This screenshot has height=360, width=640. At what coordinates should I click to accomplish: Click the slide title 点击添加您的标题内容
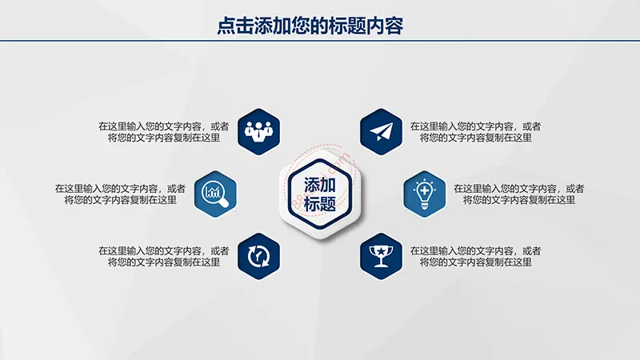click(310, 26)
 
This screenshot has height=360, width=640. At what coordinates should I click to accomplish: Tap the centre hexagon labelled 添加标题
click(320, 194)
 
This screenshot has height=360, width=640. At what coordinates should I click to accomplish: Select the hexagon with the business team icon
click(258, 131)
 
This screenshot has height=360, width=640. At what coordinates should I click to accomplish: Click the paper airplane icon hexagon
click(382, 131)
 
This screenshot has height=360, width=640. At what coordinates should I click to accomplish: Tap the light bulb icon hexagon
click(425, 194)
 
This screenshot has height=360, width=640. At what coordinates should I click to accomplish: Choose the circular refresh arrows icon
click(258, 256)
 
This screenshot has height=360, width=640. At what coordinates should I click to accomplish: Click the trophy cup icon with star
click(382, 256)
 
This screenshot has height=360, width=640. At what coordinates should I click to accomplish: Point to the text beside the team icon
click(164, 132)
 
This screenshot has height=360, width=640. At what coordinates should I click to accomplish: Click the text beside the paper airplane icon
click(475, 132)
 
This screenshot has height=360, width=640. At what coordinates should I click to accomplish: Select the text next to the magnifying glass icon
click(121, 194)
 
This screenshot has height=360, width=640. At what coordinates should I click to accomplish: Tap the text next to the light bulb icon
click(519, 194)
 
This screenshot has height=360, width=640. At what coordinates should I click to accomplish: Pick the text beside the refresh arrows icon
click(164, 256)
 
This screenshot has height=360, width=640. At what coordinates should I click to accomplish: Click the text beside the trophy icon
click(475, 256)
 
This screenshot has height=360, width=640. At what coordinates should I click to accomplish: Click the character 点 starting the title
click(226, 26)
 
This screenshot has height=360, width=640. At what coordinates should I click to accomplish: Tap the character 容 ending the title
click(394, 26)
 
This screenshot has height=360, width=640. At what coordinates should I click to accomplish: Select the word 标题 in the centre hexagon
click(320, 204)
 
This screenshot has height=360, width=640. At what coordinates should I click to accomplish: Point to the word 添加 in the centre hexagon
click(320, 186)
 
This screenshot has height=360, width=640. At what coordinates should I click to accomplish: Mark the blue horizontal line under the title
click(320, 41)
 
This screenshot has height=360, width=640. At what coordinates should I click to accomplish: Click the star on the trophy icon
click(381, 250)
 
